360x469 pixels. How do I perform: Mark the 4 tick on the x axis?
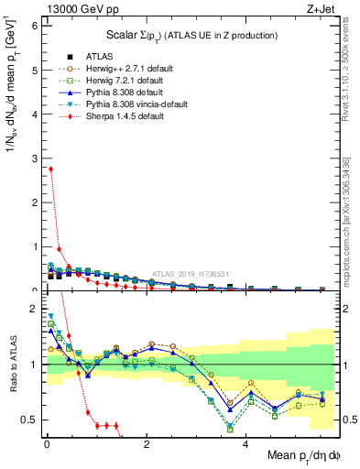point(245,442)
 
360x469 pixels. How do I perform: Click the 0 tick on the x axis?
point(46,442)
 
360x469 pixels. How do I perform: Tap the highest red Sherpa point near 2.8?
point(50,169)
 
